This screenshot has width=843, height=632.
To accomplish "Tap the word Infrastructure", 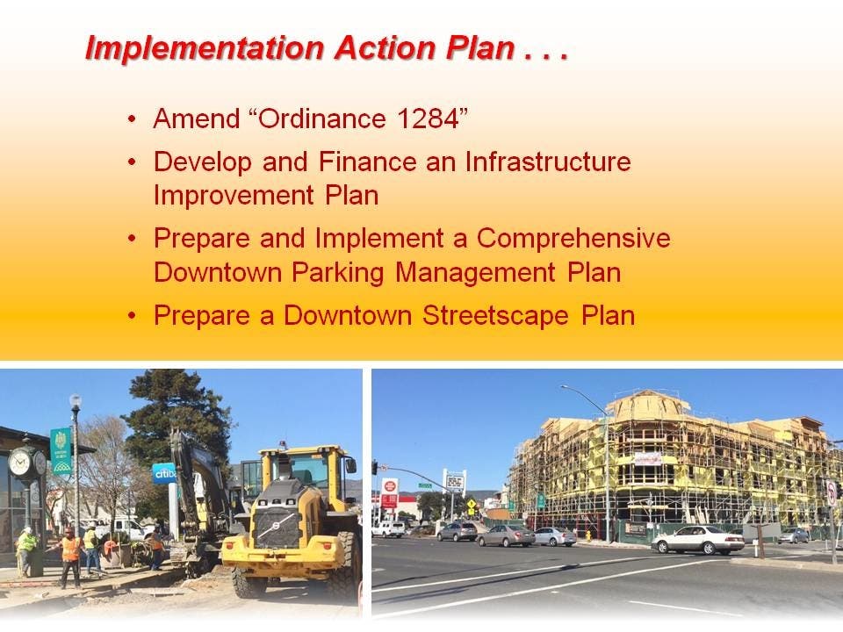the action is click(x=547, y=162).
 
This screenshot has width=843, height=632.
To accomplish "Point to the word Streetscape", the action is click(x=495, y=315).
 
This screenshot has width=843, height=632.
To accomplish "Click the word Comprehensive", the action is click(x=573, y=239).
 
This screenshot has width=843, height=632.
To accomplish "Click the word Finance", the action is click(x=367, y=162).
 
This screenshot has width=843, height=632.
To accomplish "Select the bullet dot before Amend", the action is click(x=133, y=118).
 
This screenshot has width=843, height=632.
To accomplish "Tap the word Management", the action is click(x=475, y=273).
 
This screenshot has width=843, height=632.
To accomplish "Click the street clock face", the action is click(x=20, y=463).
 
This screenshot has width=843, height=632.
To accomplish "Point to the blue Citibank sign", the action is click(x=163, y=473).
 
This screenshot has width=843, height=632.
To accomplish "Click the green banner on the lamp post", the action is click(x=61, y=451).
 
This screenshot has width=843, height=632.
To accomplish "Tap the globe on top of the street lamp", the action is click(x=76, y=401).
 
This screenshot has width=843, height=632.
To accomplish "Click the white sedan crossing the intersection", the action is click(x=698, y=540).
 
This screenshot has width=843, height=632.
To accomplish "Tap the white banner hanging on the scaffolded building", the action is click(x=648, y=459).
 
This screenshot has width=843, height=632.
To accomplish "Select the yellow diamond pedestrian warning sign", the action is click(x=472, y=505).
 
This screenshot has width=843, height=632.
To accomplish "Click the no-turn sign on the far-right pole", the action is click(x=832, y=492).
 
